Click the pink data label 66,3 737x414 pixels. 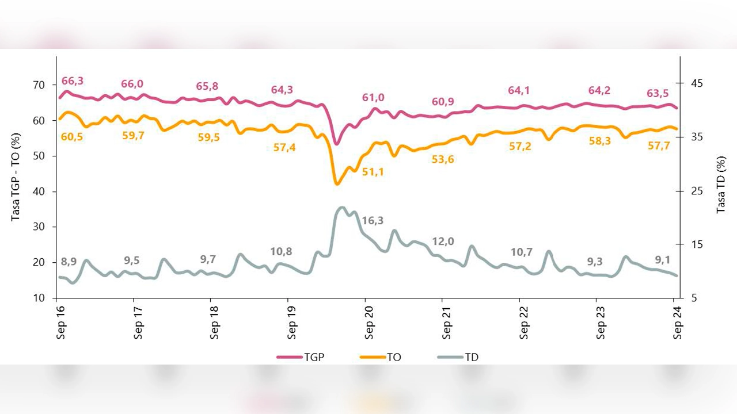(x=72, y=80)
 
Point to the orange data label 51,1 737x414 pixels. (x=373, y=171)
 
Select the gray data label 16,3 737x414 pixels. (x=373, y=220)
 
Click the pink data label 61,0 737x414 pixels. (x=373, y=98)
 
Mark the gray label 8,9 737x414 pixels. (x=68, y=262)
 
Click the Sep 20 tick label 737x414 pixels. (x=369, y=320)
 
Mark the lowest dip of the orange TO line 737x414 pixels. (x=337, y=184)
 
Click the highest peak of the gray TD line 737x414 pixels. (x=342, y=208)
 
